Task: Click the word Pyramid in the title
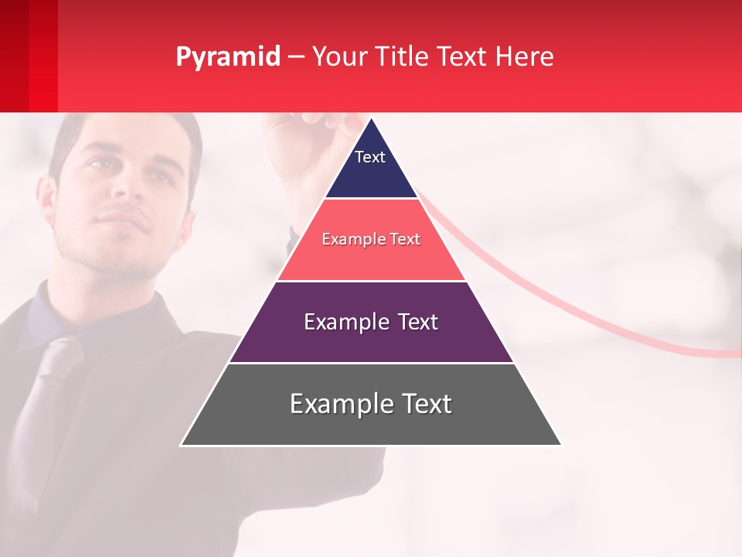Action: (x=227, y=57)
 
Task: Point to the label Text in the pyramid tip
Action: (x=370, y=157)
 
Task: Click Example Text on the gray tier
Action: (x=371, y=404)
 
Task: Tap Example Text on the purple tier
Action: (x=371, y=322)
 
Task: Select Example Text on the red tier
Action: (x=371, y=239)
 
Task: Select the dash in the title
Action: (x=296, y=57)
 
